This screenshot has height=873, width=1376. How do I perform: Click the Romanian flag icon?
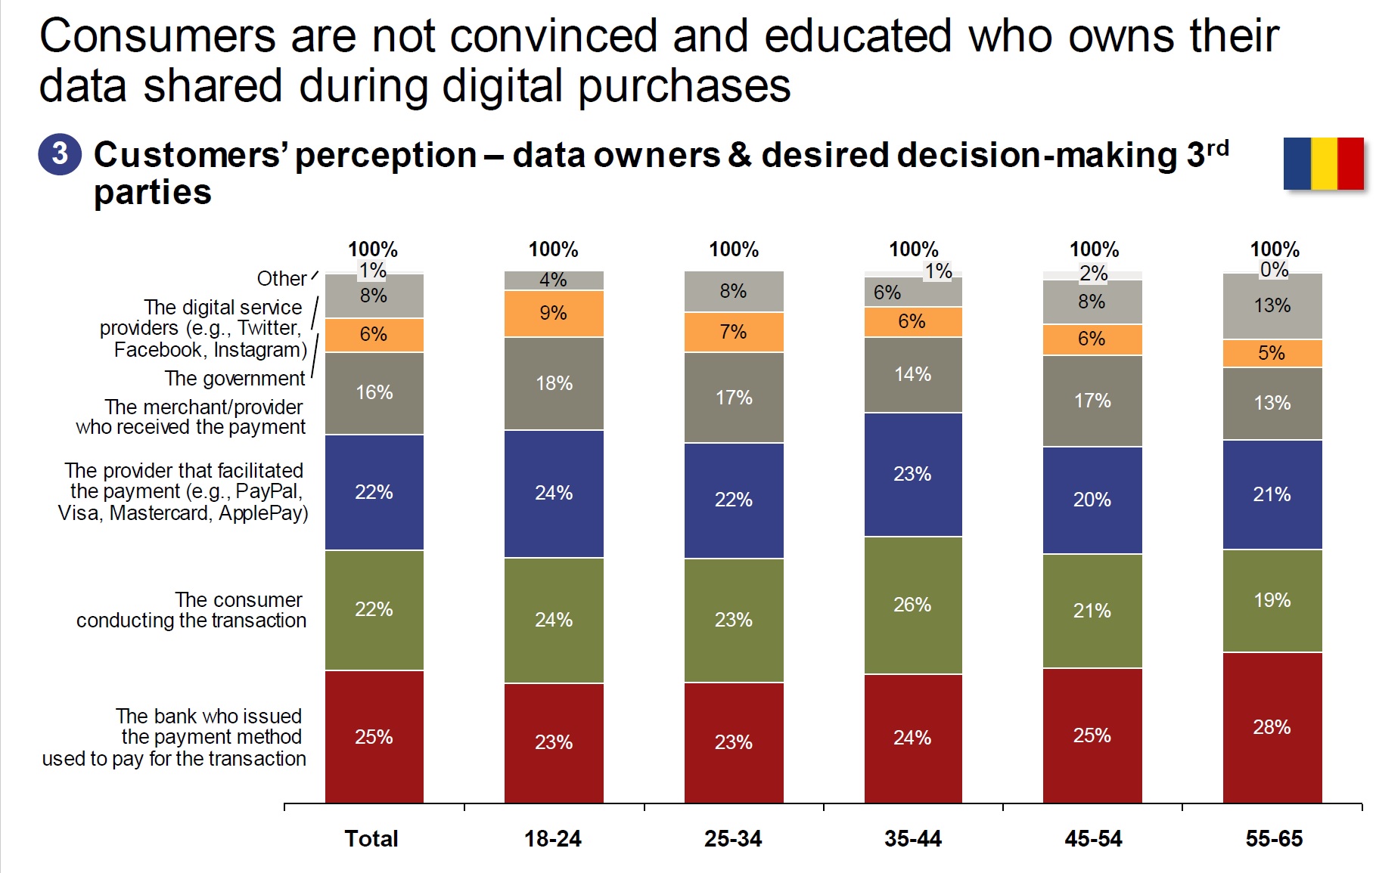(x=1323, y=163)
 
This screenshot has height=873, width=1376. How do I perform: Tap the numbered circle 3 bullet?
(x=60, y=154)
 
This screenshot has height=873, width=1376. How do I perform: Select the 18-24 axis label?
(x=553, y=838)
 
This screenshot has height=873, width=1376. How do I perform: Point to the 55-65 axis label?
(x=1274, y=838)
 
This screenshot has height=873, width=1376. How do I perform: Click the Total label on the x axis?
(x=371, y=838)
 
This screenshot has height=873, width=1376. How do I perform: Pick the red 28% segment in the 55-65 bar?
(x=1272, y=727)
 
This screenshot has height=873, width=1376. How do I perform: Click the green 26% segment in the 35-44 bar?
(x=913, y=605)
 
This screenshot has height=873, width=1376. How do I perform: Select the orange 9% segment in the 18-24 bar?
(x=554, y=313)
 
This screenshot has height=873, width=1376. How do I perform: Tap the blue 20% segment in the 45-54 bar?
(x=1092, y=500)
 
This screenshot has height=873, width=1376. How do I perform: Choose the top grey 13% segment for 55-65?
(x=1272, y=305)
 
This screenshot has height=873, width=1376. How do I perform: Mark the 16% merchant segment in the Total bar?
(x=374, y=392)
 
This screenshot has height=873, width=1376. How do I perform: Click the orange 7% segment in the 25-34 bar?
(x=733, y=332)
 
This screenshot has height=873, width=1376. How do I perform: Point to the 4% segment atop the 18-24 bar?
(x=554, y=280)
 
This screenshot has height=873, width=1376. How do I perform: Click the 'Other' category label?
(x=281, y=278)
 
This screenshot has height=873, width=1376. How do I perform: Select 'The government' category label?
(x=235, y=378)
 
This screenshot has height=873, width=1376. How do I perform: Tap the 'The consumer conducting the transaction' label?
(x=191, y=610)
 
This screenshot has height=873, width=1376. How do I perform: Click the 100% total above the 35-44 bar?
(x=913, y=249)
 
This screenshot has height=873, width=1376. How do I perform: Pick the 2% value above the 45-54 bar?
(x=1093, y=274)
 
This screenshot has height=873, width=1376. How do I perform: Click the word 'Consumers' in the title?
(x=157, y=36)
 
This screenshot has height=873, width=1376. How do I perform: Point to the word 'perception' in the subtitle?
(x=386, y=156)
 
